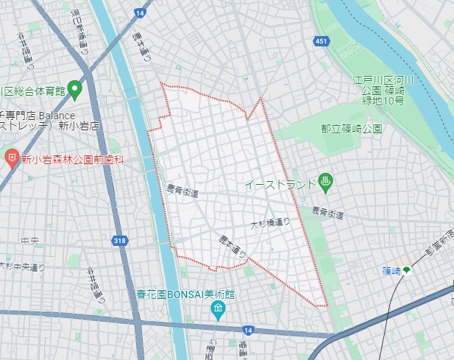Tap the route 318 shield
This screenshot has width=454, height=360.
click(x=119, y=240)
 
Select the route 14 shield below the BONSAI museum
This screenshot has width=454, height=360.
click(x=247, y=331)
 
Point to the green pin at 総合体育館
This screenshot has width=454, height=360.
click(x=74, y=91)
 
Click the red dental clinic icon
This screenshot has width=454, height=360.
click(x=11, y=158)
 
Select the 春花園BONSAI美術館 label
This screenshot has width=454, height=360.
click(x=189, y=293)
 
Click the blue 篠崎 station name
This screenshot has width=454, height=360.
click(x=391, y=271)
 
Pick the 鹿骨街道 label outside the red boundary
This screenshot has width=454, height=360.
click(x=327, y=213)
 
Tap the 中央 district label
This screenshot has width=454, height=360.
click(x=30, y=241)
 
